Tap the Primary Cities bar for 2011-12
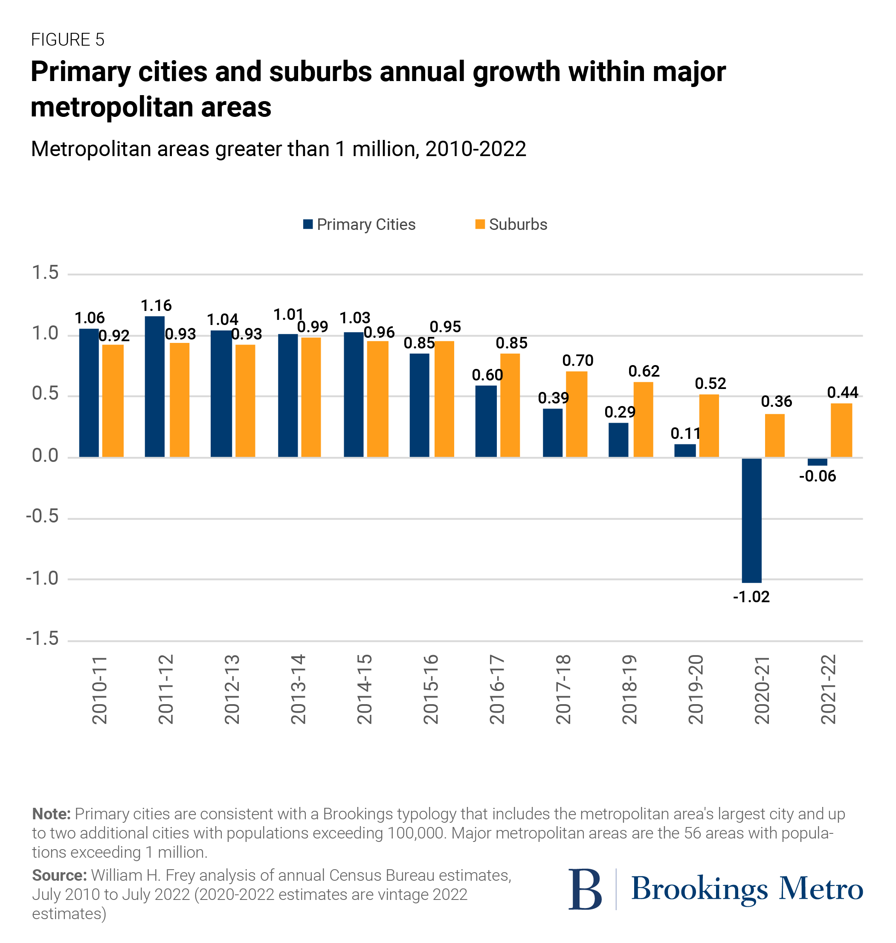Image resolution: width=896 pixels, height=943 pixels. click(155, 386)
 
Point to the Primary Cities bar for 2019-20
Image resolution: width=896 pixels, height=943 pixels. click(685, 450)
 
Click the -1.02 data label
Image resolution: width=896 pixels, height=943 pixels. click(751, 597)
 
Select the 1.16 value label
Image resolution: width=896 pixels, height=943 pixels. click(156, 306)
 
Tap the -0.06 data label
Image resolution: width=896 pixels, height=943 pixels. click(817, 476)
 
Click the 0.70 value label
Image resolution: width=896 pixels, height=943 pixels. click(577, 361)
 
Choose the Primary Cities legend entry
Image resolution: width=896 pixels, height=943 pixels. click(359, 224)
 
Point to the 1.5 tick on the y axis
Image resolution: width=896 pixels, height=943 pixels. click(45, 273)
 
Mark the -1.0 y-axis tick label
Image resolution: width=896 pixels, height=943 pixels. click(42, 578)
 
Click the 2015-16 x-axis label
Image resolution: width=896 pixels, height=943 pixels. click(431, 689)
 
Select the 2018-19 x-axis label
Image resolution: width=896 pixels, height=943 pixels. click(629, 689)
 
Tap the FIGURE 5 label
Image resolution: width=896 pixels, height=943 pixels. click(67, 40)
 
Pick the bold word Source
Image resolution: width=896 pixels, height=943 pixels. click(59, 875)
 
